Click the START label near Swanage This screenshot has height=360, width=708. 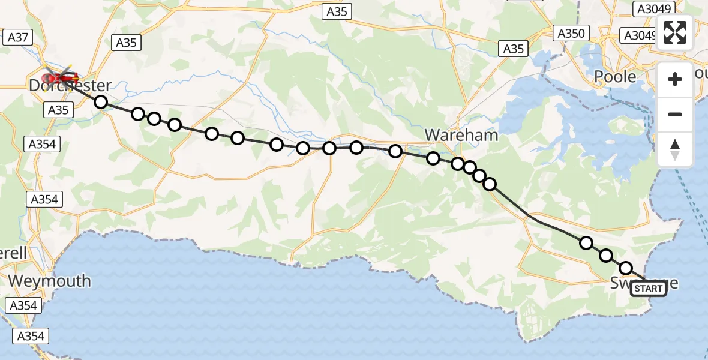649,289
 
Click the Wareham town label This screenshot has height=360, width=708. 461,135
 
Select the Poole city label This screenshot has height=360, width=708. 614,77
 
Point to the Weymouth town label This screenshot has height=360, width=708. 50,281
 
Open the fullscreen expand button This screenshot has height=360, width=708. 675,32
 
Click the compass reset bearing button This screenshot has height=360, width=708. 675,149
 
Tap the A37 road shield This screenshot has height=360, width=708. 18,37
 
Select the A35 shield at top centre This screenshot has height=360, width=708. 337,11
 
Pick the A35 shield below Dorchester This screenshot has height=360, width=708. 58,110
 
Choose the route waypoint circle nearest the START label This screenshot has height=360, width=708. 626,268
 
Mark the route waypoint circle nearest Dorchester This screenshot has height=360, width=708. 101,103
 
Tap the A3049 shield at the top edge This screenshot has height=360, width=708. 655,8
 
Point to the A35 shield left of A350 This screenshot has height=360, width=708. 513,49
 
